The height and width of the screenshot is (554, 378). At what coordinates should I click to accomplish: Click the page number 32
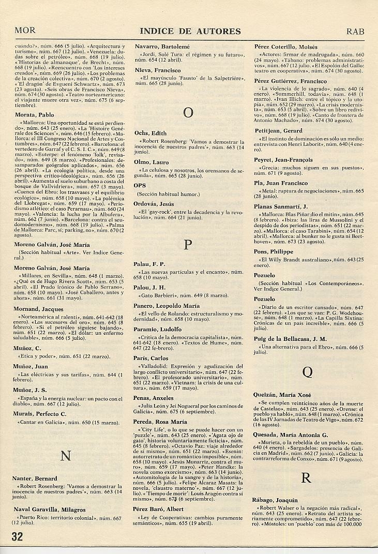click(17, 536)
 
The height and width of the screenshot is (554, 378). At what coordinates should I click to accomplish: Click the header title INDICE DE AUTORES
click(190, 31)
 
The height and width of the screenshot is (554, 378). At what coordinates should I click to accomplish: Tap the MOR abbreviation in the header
click(25, 31)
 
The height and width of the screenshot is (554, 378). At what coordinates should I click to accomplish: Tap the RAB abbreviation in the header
click(355, 31)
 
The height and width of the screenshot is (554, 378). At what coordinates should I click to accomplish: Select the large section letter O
click(189, 112)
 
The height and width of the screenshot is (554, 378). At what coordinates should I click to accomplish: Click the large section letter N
click(66, 456)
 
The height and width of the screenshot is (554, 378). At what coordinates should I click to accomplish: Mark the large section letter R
click(306, 478)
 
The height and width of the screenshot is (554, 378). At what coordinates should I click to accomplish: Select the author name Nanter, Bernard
click(35, 478)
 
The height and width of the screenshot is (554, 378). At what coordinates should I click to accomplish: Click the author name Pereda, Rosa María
click(160, 422)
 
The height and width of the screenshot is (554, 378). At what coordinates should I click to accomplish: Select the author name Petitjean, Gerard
click(278, 131)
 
